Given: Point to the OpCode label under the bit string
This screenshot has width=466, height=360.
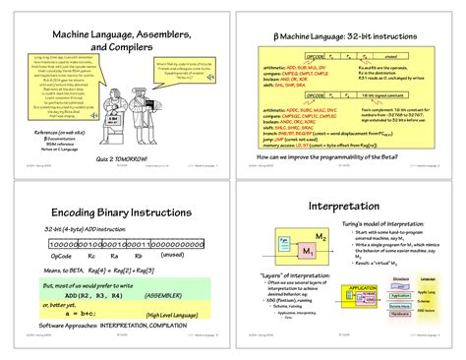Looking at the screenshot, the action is pos(61,255).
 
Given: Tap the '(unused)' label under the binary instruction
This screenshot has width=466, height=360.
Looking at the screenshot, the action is pos(172,255).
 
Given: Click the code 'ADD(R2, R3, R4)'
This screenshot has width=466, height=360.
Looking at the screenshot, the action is pos(93,293).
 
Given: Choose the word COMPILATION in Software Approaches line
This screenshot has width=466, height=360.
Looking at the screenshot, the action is pos(182,324).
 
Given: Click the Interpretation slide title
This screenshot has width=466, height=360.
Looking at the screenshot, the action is pos(344,209).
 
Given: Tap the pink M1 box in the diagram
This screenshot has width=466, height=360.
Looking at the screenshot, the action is pos(308,253).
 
